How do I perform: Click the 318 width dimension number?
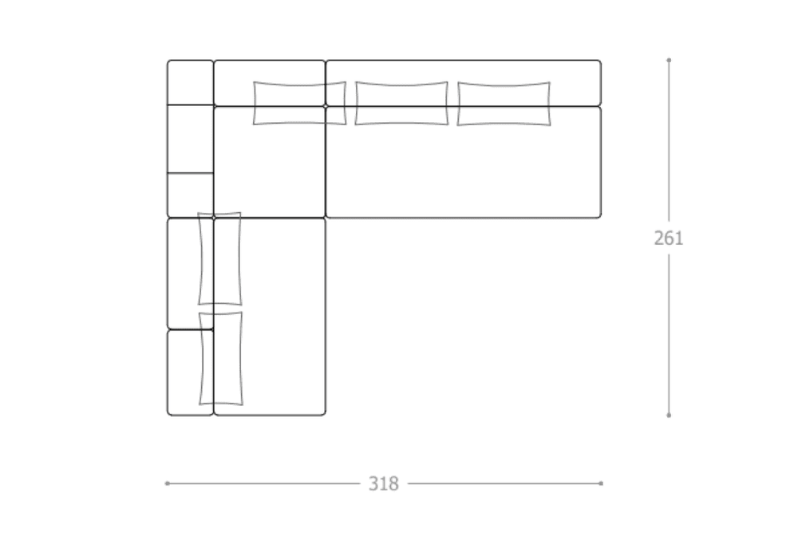pos(383,483)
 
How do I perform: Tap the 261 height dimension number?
pos(668,238)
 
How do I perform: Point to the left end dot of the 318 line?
pos(168,483)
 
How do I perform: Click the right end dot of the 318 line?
pos(601,483)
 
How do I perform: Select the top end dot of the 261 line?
pos(669,60)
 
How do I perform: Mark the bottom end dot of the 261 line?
pos(669,415)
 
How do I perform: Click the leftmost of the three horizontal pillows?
pos(300,103)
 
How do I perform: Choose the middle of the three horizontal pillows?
pos(401,103)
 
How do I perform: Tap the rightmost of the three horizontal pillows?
pos(504,103)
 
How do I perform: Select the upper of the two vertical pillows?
pos(219,259)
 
